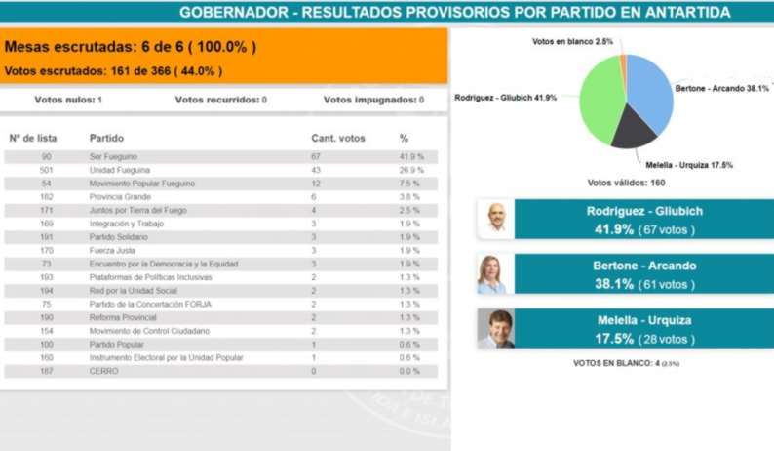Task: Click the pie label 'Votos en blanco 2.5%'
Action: (573, 41)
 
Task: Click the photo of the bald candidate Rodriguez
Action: (496, 219)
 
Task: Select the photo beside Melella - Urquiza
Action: (496, 329)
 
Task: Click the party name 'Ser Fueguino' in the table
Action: (113, 156)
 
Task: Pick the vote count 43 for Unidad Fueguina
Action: (316, 170)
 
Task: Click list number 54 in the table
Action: (46, 184)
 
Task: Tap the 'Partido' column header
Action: (106, 138)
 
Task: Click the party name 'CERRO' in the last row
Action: (103, 371)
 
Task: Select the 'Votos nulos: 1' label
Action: (68, 100)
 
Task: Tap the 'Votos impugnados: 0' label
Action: (373, 100)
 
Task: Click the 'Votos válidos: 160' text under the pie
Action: (625, 183)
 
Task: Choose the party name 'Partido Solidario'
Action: (119, 236)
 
